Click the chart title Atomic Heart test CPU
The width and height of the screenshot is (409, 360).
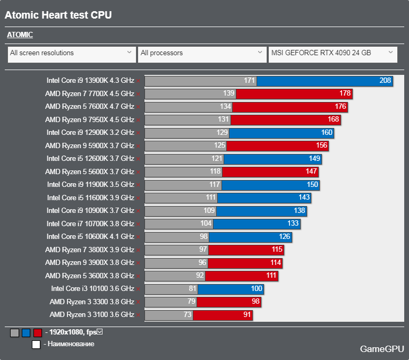(x=58, y=15)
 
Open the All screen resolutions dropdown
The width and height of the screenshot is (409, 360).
(x=72, y=55)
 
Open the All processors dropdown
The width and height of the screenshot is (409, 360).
(x=202, y=55)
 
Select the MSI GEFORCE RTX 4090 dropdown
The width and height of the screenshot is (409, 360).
(x=333, y=55)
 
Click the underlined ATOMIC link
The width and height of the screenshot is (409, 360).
(x=20, y=35)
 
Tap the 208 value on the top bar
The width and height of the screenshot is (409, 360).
(x=385, y=80)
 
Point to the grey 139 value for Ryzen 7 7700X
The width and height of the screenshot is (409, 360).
(x=228, y=93)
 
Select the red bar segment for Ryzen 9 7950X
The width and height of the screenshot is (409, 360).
(x=286, y=119)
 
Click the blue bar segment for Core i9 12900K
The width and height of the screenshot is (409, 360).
(x=282, y=133)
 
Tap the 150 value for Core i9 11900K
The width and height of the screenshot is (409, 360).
(x=312, y=184)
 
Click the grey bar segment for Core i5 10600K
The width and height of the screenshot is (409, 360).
(x=177, y=237)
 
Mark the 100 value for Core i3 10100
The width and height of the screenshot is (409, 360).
(x=257, y=288)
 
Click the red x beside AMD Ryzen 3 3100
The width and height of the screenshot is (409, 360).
(x=138, y=315)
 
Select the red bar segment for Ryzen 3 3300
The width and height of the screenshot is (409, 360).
(x=229, y=302)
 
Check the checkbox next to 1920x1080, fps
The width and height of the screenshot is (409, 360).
(x=100, y=331)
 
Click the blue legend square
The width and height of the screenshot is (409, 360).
(x=26, y=333)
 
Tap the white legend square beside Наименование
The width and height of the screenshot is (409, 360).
(x=36, y=345)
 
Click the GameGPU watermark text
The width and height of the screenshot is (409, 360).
(x=382, y=349)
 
